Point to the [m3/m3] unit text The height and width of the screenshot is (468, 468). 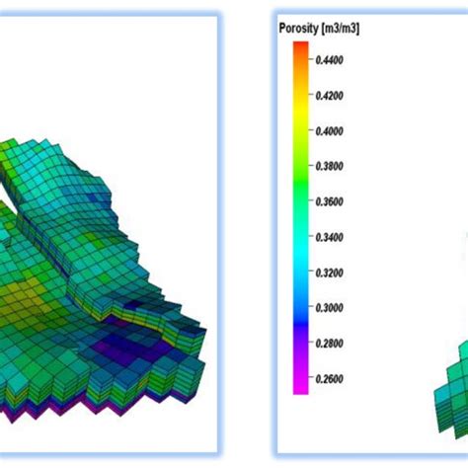point(342,30)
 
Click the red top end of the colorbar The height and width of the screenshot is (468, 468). point(300,49)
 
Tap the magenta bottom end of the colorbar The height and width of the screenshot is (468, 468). point(300,387)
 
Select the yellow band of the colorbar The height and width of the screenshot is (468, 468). point(300,109)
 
